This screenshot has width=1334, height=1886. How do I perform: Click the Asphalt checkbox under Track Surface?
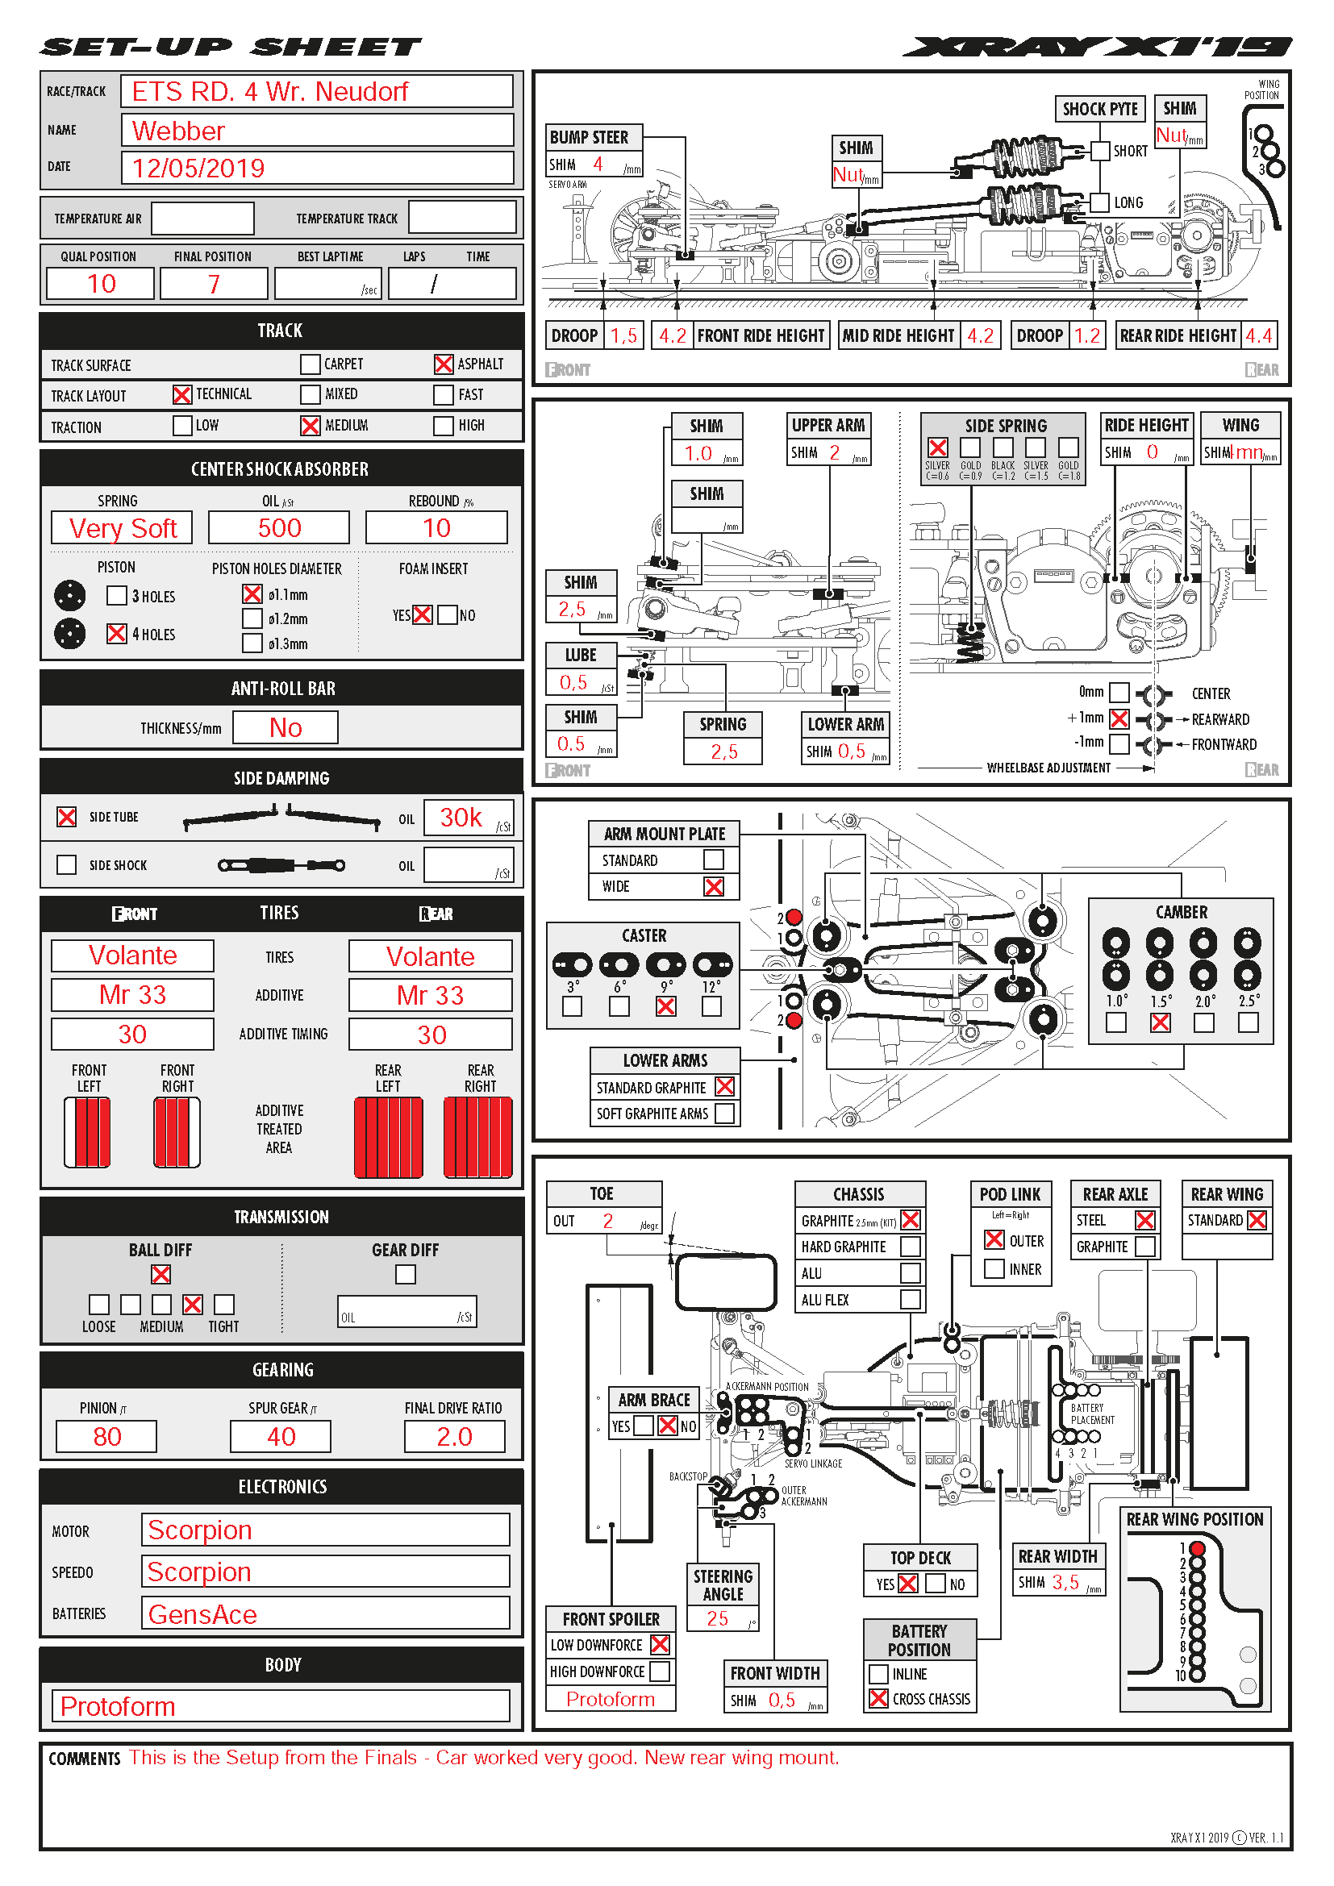tap(443, 364)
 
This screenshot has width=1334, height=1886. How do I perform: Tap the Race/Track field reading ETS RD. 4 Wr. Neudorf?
tap(316, 91)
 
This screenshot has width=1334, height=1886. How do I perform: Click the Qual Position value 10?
tap(101, 284)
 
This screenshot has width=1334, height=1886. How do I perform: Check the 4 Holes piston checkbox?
tap(117, 633)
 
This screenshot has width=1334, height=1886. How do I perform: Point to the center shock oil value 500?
tap(279, 528)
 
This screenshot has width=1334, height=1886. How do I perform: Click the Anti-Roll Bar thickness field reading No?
tap(285, 728)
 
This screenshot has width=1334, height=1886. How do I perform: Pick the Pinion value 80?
tap(106, 1437)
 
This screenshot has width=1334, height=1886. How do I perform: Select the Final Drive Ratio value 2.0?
tap(454, 1437)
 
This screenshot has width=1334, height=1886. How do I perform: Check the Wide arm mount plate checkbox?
tap(714, 886)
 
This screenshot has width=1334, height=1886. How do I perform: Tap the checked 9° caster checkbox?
tap(666, 1006)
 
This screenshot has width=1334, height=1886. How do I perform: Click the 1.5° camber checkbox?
tap(1160, 1022)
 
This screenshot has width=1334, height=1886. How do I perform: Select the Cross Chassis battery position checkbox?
tap(878, 1699)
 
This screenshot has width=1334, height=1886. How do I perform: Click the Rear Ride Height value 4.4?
tap(1258, 336)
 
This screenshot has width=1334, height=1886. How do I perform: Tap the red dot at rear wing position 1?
tap(1197, 1548)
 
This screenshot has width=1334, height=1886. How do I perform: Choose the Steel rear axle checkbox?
tap(1145, 1221)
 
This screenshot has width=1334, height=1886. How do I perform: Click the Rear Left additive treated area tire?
tap(389, 1138)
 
